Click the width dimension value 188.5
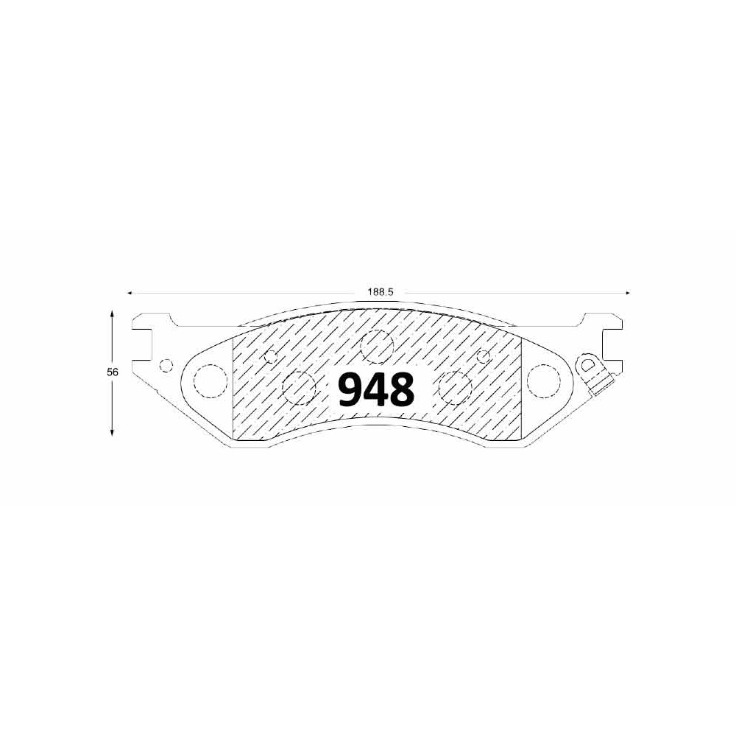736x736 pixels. (380, 292)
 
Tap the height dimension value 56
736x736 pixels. (113, 372)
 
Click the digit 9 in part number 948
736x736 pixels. (352, 389)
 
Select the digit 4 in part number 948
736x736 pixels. (377, 389)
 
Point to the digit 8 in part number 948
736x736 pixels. (403, 389)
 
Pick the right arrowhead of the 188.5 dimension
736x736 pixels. (628, 293)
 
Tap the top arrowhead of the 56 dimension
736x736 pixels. (112, 313)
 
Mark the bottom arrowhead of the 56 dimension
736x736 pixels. (112, 433)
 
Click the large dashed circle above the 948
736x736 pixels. (376, 347)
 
